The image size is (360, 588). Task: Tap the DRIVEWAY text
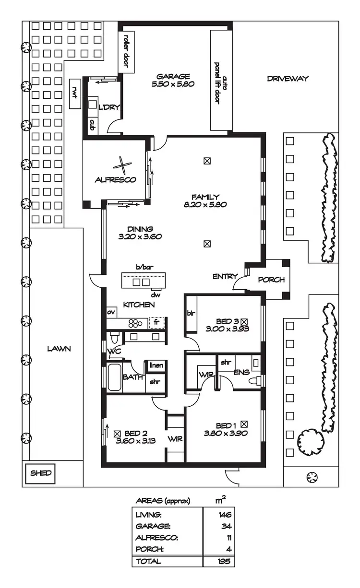pos(288,79)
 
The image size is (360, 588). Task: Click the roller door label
pos(127,51)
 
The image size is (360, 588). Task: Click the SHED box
pos(41,473)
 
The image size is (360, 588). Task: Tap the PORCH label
pos(271,280)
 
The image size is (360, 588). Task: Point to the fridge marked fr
pos(156,322)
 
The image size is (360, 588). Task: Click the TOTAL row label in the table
pos(149,561)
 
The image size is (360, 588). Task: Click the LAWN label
pos(59,349)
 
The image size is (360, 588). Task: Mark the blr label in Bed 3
pos(191,313)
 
